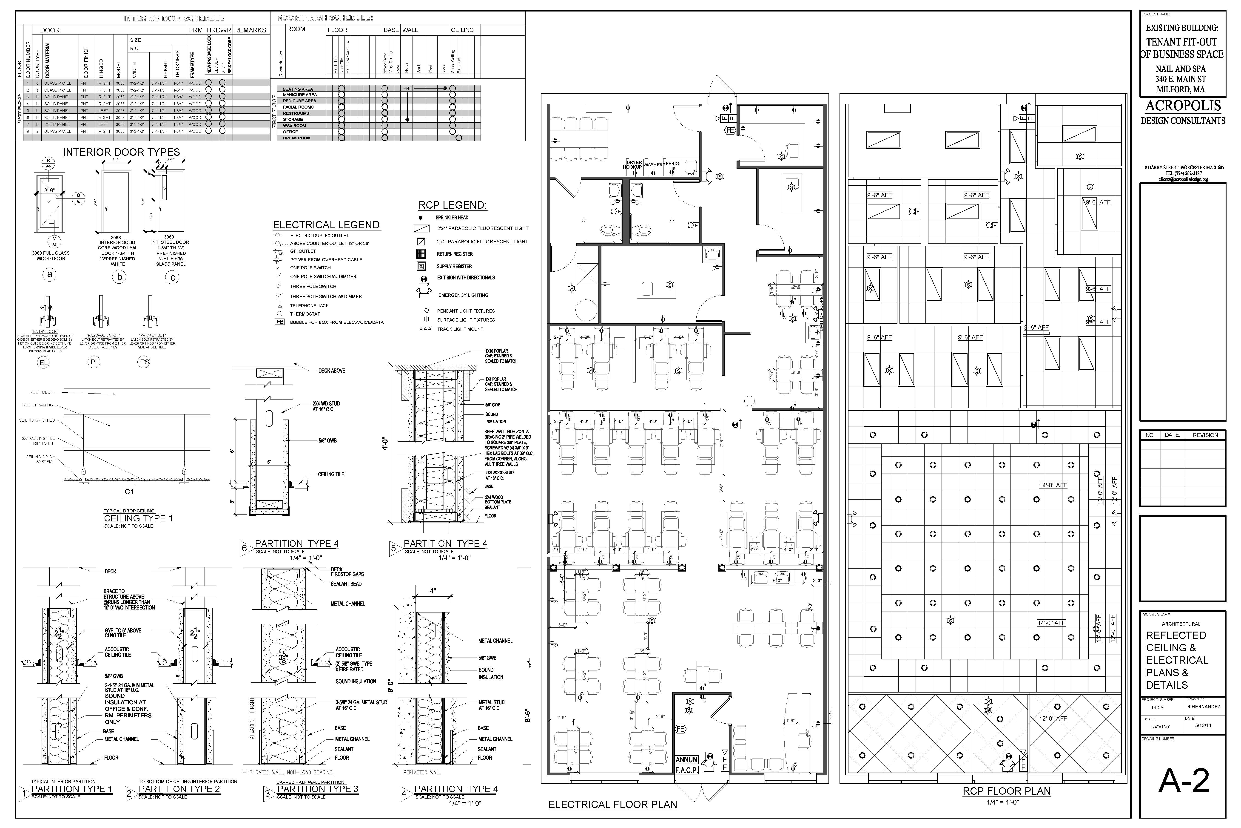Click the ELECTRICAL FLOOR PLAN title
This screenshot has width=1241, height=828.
[x=613, y=804]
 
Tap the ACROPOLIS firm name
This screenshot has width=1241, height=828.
[x=1183, y=106]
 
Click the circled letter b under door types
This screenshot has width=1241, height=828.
[x=119, y=277]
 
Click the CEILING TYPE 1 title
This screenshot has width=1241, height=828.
[x=138, y=518]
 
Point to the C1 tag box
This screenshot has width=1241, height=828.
[x=129, y=492]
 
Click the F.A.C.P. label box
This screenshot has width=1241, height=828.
[x=686, y=770]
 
